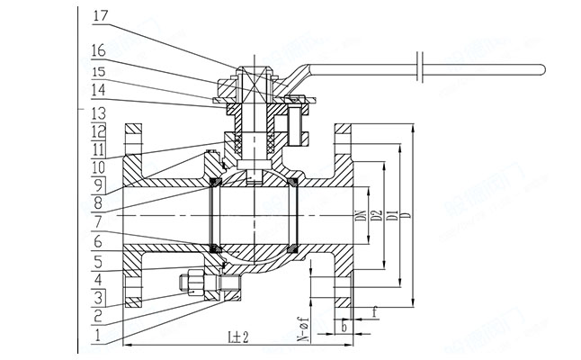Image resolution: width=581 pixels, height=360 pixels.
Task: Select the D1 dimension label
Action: coord(392,217)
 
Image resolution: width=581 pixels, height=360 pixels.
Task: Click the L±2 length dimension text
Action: coord(239,337)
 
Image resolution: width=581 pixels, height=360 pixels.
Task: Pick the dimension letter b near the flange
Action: coord(344,328)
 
